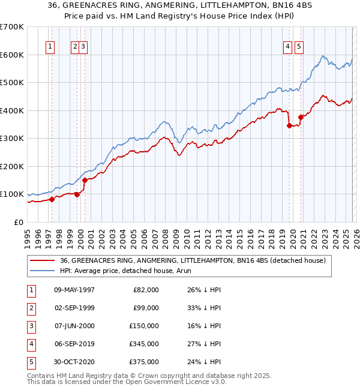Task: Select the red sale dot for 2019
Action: [289, 125]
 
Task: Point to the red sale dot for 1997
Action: [52, 199]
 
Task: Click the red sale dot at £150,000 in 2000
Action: [85, 180]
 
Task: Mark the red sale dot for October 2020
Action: [301, 117]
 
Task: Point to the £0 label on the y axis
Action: [19, 222]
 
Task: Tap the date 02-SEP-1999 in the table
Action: [74, 308]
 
